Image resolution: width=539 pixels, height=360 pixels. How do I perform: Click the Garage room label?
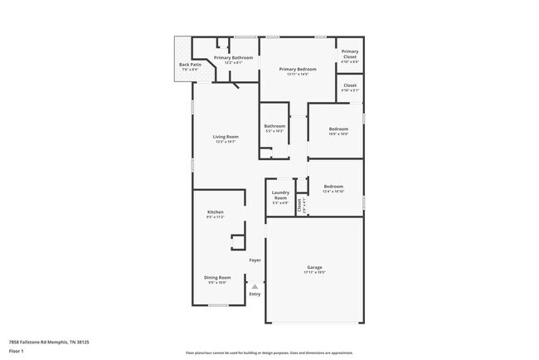click(x=314, y=266)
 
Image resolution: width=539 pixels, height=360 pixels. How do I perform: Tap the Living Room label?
click(x=226, y=136)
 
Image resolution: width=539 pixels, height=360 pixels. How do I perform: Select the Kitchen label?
click(x=216, y=212)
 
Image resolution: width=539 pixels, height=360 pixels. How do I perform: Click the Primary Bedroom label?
click(x=298, y=69)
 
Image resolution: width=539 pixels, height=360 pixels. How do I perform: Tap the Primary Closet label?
click(x=350, y=54)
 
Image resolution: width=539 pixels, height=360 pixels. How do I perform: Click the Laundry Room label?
click(x=280, y=196)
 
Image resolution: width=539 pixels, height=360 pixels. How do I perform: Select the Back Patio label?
click(x=190, y=64)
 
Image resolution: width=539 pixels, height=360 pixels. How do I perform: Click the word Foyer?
click(x=255, y=260)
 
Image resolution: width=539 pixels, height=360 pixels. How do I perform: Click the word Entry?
click(x=255, y=294)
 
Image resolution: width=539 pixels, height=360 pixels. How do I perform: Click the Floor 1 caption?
click(x=17, y=350)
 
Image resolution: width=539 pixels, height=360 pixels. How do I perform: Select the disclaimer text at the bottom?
click(x=269, y=352)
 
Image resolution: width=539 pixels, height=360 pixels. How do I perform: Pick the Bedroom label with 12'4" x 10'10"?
click(x=333, y=187)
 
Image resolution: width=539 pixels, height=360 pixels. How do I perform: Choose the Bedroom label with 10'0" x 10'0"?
click(x=337, y=129)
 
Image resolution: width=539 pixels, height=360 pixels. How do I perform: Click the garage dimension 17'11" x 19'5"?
click(x=314, y=272)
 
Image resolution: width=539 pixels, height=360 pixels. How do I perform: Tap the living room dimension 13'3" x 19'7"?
click(x=226, y=142)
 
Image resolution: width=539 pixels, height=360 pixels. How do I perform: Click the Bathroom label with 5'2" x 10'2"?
click(x=274, y=126)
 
